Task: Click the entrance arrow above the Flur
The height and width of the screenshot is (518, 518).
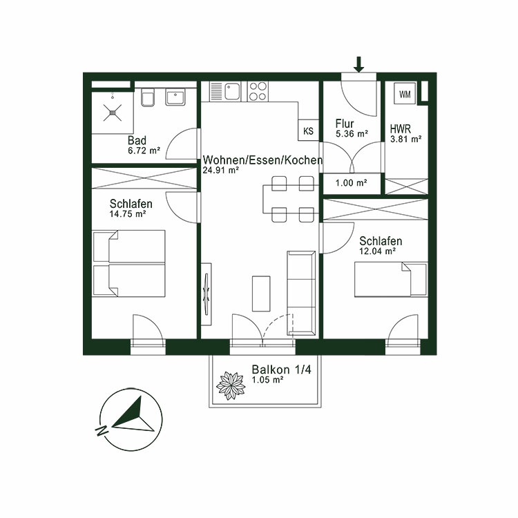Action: [358, 64]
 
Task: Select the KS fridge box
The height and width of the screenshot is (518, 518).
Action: [308, 130]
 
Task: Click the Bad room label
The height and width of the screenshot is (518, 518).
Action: [137, 140]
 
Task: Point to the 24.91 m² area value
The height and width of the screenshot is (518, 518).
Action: [221, 170]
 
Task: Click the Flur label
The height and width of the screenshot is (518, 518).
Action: [345, 124]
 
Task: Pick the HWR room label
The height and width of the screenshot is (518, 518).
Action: [401, 129]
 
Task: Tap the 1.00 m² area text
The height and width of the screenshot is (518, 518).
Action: [351, 183]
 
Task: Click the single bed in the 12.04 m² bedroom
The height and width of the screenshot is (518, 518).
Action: [391, 279]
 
